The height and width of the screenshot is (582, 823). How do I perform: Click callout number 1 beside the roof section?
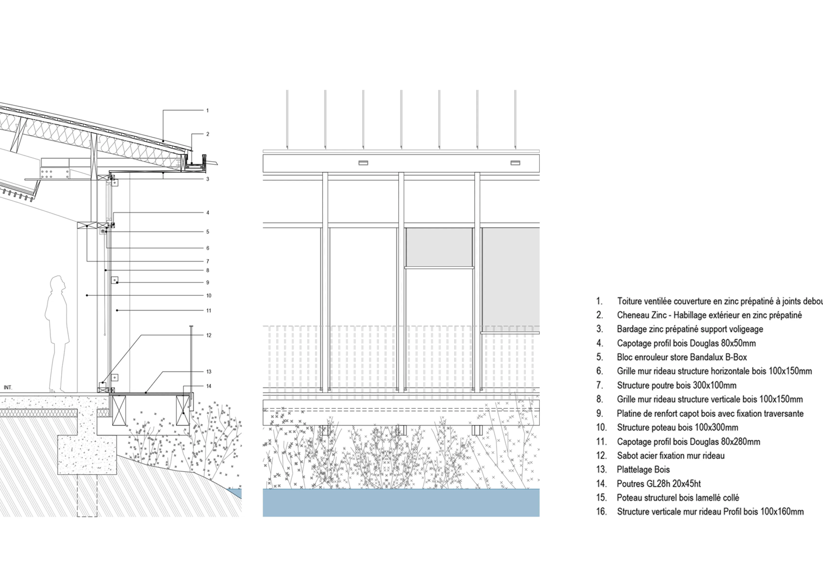pyautogui.click(x=207, y=111)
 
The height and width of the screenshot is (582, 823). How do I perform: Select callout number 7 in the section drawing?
pyautogui.click(x=207, y=261)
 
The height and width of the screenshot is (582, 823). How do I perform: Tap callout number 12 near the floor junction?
pyautogui.click(x=209, y=335)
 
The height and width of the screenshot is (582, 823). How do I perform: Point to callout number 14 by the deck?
pyautogui.click(x=209, y=386)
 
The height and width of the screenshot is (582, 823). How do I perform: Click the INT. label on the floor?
pyautogui.click(x=8, y=387)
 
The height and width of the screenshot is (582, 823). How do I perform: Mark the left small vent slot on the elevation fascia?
pyautogui.click(x=363, y=163)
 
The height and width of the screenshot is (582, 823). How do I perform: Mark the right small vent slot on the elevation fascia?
pyautogui.click(x=515, y=163)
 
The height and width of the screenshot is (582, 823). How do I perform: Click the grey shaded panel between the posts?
pyautogui.click(x=439, y=247)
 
